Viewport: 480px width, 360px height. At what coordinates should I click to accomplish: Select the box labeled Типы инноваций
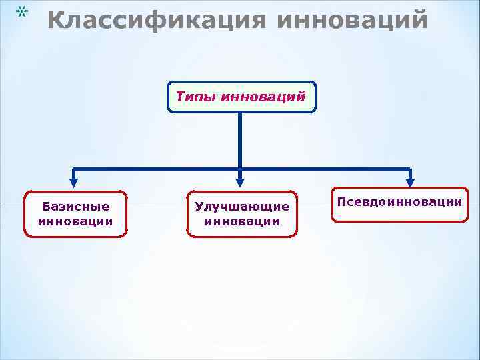coord(241,97)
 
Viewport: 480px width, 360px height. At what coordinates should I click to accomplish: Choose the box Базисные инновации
coord(75,214)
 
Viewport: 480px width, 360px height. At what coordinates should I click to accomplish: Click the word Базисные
coord(75,207)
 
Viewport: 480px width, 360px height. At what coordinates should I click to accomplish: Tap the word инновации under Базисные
coord(75,221)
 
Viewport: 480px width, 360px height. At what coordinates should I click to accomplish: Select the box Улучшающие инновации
coord(241,214)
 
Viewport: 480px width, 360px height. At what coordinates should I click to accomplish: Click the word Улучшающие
coord(241,207)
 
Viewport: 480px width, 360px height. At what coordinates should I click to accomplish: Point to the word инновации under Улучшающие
coord(241,221)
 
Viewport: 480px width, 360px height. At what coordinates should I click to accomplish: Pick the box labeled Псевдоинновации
coord(400,204)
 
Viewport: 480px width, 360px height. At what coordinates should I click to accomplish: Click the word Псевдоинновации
coord(400,201)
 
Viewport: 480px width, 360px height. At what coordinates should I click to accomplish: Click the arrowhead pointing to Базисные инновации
coord(74,181)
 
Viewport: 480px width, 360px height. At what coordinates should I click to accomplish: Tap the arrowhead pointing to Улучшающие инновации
coord(240,181)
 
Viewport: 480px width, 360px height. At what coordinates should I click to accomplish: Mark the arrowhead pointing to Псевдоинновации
coord(410,181)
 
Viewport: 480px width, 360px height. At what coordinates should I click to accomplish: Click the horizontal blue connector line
coord(160,168)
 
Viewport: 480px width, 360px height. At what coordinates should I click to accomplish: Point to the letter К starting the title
coord(57,21)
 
